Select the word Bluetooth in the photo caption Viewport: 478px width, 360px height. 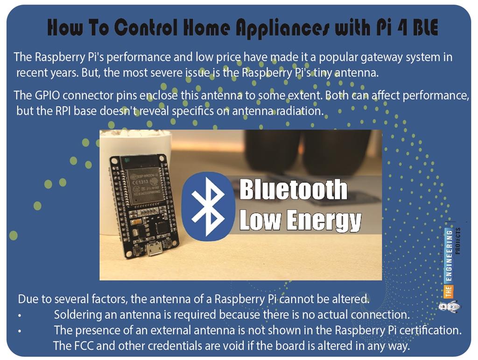click(x=294, y=190)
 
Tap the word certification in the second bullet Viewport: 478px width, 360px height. click(x=432, y=330)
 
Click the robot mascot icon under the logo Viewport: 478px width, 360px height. click(x=449, y=306)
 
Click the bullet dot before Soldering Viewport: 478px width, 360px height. click(x=20, y=316)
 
